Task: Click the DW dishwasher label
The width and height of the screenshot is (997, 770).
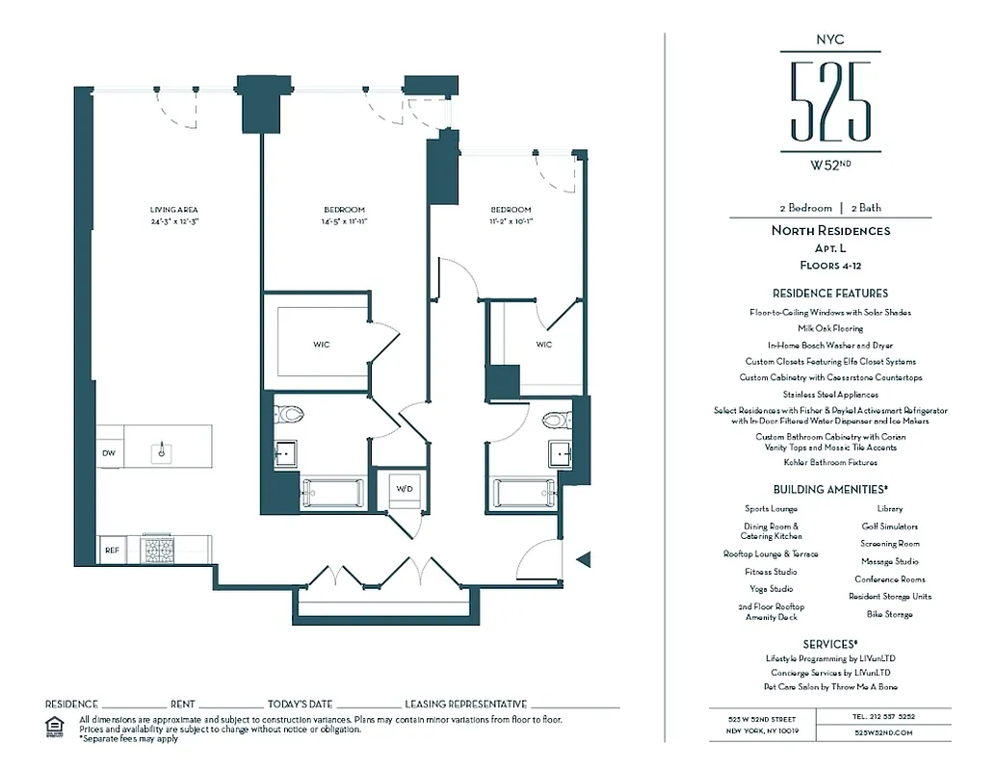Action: [x=108, y=452]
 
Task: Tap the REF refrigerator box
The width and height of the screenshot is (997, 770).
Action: [x=112, y=550]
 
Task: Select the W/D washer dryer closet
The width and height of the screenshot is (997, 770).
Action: [x=405, y=489]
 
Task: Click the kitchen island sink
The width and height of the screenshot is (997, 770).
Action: [x=162, y=449]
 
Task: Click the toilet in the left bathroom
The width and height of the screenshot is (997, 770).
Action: [x=289, y=415]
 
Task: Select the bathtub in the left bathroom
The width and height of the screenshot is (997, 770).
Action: [x=332, y=494]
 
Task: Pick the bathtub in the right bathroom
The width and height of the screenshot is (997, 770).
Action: [x=524, y=494]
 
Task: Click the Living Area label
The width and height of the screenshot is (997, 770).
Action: [x=173, y=210]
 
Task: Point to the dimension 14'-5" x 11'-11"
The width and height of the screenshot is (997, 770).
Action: [x=344, y=221]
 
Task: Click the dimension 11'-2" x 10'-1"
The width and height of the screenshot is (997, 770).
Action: [x=511, y=221]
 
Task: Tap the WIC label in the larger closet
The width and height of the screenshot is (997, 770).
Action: [x=321, y=345]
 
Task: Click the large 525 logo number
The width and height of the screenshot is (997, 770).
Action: [x=830, y=101]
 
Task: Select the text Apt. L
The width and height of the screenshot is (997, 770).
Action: [x=830, y=247]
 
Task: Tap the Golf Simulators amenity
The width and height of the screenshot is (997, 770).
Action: [x=889, y=526]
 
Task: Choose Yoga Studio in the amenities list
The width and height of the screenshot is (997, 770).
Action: [x=771, y=589]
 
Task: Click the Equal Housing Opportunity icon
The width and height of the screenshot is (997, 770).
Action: [x=55, y=725]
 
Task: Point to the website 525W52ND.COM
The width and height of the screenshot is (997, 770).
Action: [x=882, y=732]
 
